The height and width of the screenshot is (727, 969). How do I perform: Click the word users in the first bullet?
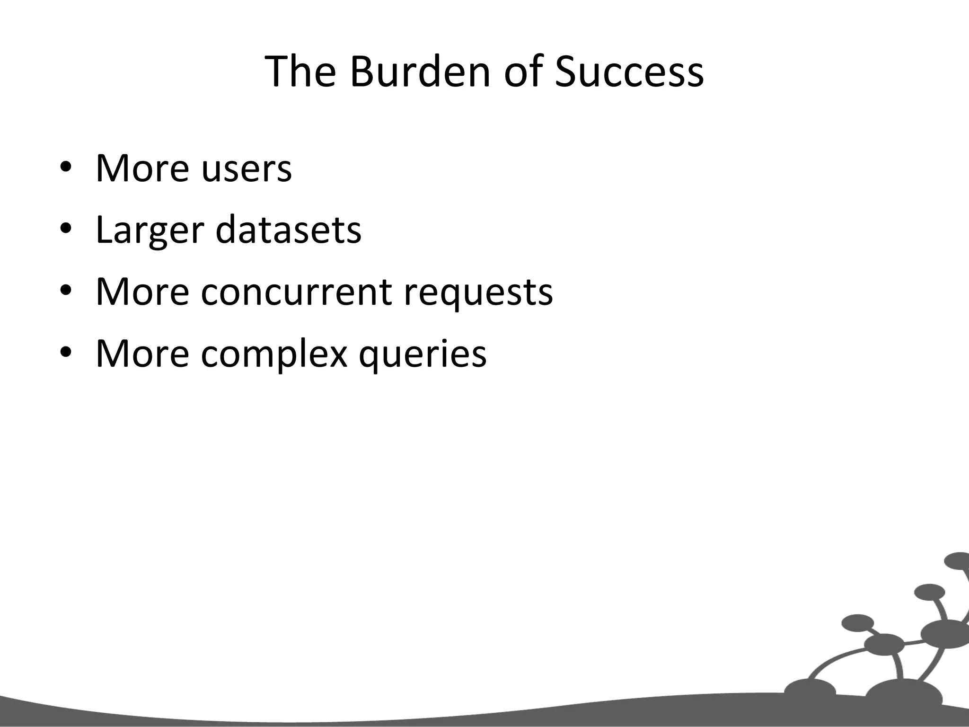point(247,169)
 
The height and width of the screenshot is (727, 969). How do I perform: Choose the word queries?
point(423,354)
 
